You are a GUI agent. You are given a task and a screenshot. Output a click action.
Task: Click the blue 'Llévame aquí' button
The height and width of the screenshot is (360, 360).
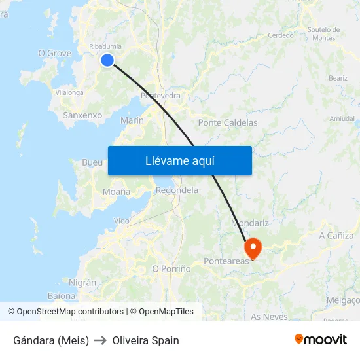[x=179, y=160]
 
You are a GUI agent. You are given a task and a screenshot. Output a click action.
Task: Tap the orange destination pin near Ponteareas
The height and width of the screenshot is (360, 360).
[x=252, y=247]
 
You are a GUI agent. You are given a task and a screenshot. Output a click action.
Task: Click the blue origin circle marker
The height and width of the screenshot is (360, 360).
[x=107, y=60]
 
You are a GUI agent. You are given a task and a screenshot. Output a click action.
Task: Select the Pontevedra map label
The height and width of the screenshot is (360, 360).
[x=160, y=96]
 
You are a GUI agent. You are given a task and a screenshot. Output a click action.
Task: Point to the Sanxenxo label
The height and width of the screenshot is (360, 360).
[x=82, y=115]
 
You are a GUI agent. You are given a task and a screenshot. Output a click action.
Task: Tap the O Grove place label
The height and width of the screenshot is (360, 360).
[x=54, y=53]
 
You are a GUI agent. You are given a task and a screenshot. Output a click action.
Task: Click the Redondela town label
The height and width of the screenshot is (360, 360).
[x=177, y=190]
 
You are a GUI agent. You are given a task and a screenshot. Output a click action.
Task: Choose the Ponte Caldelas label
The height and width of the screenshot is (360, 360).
[x=227, y=122]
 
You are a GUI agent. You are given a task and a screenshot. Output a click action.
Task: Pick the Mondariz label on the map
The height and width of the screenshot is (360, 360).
[x=247, y=223]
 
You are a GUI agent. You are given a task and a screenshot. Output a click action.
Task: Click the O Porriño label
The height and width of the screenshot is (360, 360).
[x=171, y=268]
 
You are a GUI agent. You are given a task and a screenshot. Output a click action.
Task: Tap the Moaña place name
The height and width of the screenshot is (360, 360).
[x=117, y=192]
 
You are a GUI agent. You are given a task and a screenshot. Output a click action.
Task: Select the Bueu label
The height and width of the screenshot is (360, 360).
[x=92, y=162]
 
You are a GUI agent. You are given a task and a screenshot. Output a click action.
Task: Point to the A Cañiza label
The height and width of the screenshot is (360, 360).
[x=336, y=236]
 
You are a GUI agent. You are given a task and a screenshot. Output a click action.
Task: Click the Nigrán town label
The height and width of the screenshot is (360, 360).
[x=82, y=283]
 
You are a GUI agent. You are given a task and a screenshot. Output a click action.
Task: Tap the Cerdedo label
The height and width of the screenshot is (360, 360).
[x=281, y=35]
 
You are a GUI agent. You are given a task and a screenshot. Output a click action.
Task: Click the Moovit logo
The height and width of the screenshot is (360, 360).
[x=320, y=340]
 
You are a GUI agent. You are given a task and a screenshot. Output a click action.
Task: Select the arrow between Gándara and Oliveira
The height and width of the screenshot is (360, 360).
[x=100, y=340]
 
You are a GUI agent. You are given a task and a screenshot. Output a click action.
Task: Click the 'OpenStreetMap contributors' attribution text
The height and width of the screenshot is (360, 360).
[x=70, y=312]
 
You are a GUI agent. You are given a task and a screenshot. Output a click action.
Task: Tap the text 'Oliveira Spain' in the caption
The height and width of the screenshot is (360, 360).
[x=145, y=340]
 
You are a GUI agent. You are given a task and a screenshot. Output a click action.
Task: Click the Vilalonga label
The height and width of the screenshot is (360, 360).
[x=69, y=93]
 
